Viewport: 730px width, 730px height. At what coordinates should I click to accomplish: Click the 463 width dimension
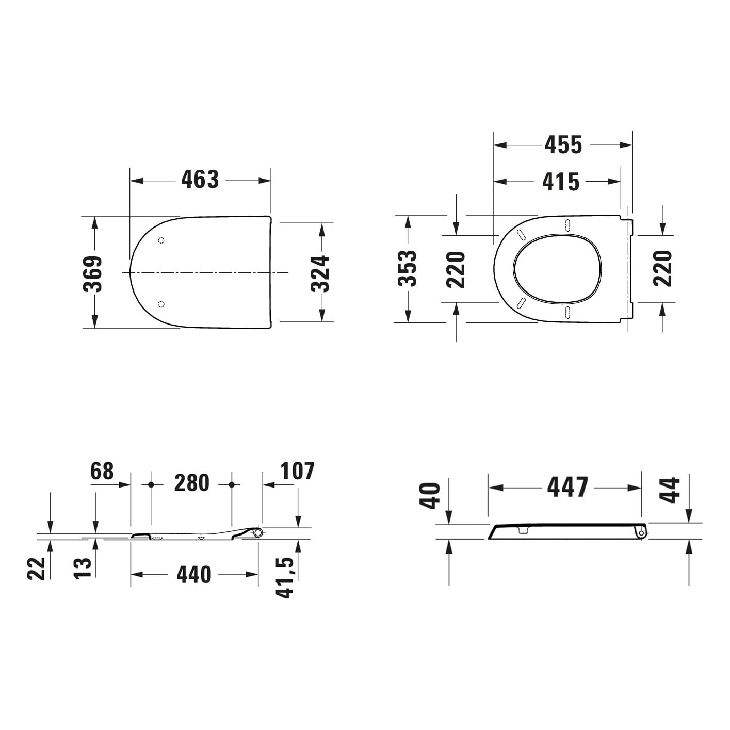(x=200, y=180)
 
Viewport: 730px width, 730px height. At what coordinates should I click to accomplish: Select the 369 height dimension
(x=93, y=273)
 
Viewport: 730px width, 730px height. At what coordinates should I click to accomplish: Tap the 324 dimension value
(x=320, y=273)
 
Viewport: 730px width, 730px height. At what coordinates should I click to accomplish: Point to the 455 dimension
(x=563, y=145)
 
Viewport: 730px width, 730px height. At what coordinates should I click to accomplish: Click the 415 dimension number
(x=561, y=182)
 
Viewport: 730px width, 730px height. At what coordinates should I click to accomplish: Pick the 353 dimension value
(x=407, y=268)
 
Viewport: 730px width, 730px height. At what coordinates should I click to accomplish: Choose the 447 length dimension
(x=567, y=487)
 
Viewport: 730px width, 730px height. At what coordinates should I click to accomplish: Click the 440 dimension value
(x=193, y=574)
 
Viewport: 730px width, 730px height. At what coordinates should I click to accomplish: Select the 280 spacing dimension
(x=192, y=483)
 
